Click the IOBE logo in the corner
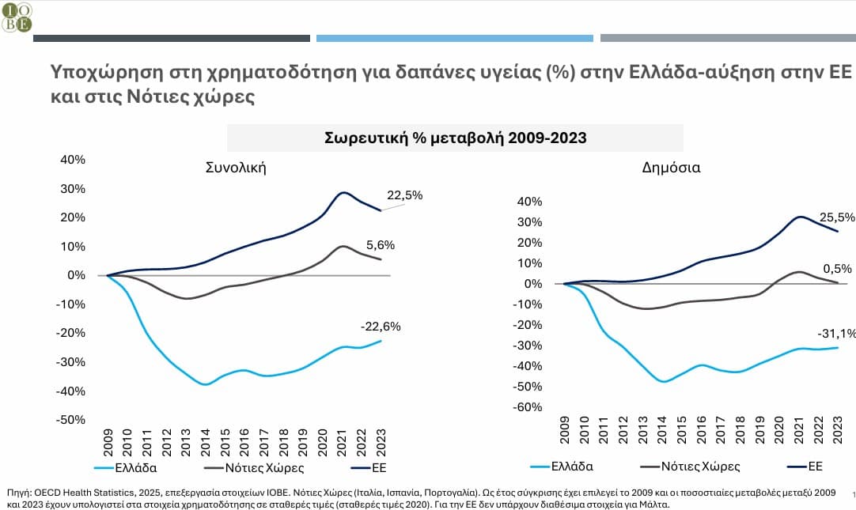pyautogui.click(x=17, y=16)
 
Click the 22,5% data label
pyautogui.click(x=404, y=195)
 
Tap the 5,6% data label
pyautogui.click(x=380, y=245)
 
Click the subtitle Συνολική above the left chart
pyautogui.click(x=236, y=168)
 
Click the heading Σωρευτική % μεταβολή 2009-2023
pyautogui.click(x=455, y=138)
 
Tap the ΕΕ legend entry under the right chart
pyautogui.click(x=809, y=467)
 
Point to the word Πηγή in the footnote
pyautogui.click(x=18, y=489)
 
